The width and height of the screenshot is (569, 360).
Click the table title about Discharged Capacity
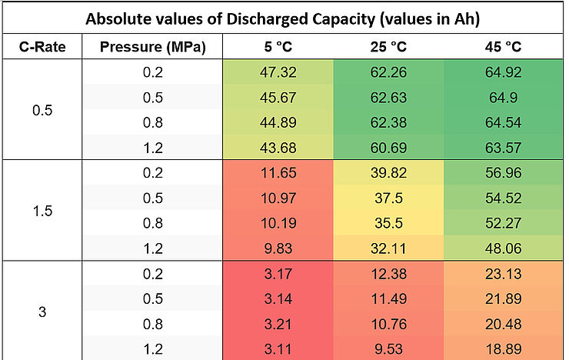(x=284, y=18)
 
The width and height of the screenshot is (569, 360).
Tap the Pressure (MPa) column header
(x=153, y=47)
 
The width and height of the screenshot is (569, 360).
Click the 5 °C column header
(x=278, y=47)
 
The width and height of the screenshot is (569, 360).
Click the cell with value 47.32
(x=278, y=72)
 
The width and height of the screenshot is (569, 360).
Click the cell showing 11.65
(x=278, y=174)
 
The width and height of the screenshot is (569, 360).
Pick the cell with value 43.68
(x=278, y=148)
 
